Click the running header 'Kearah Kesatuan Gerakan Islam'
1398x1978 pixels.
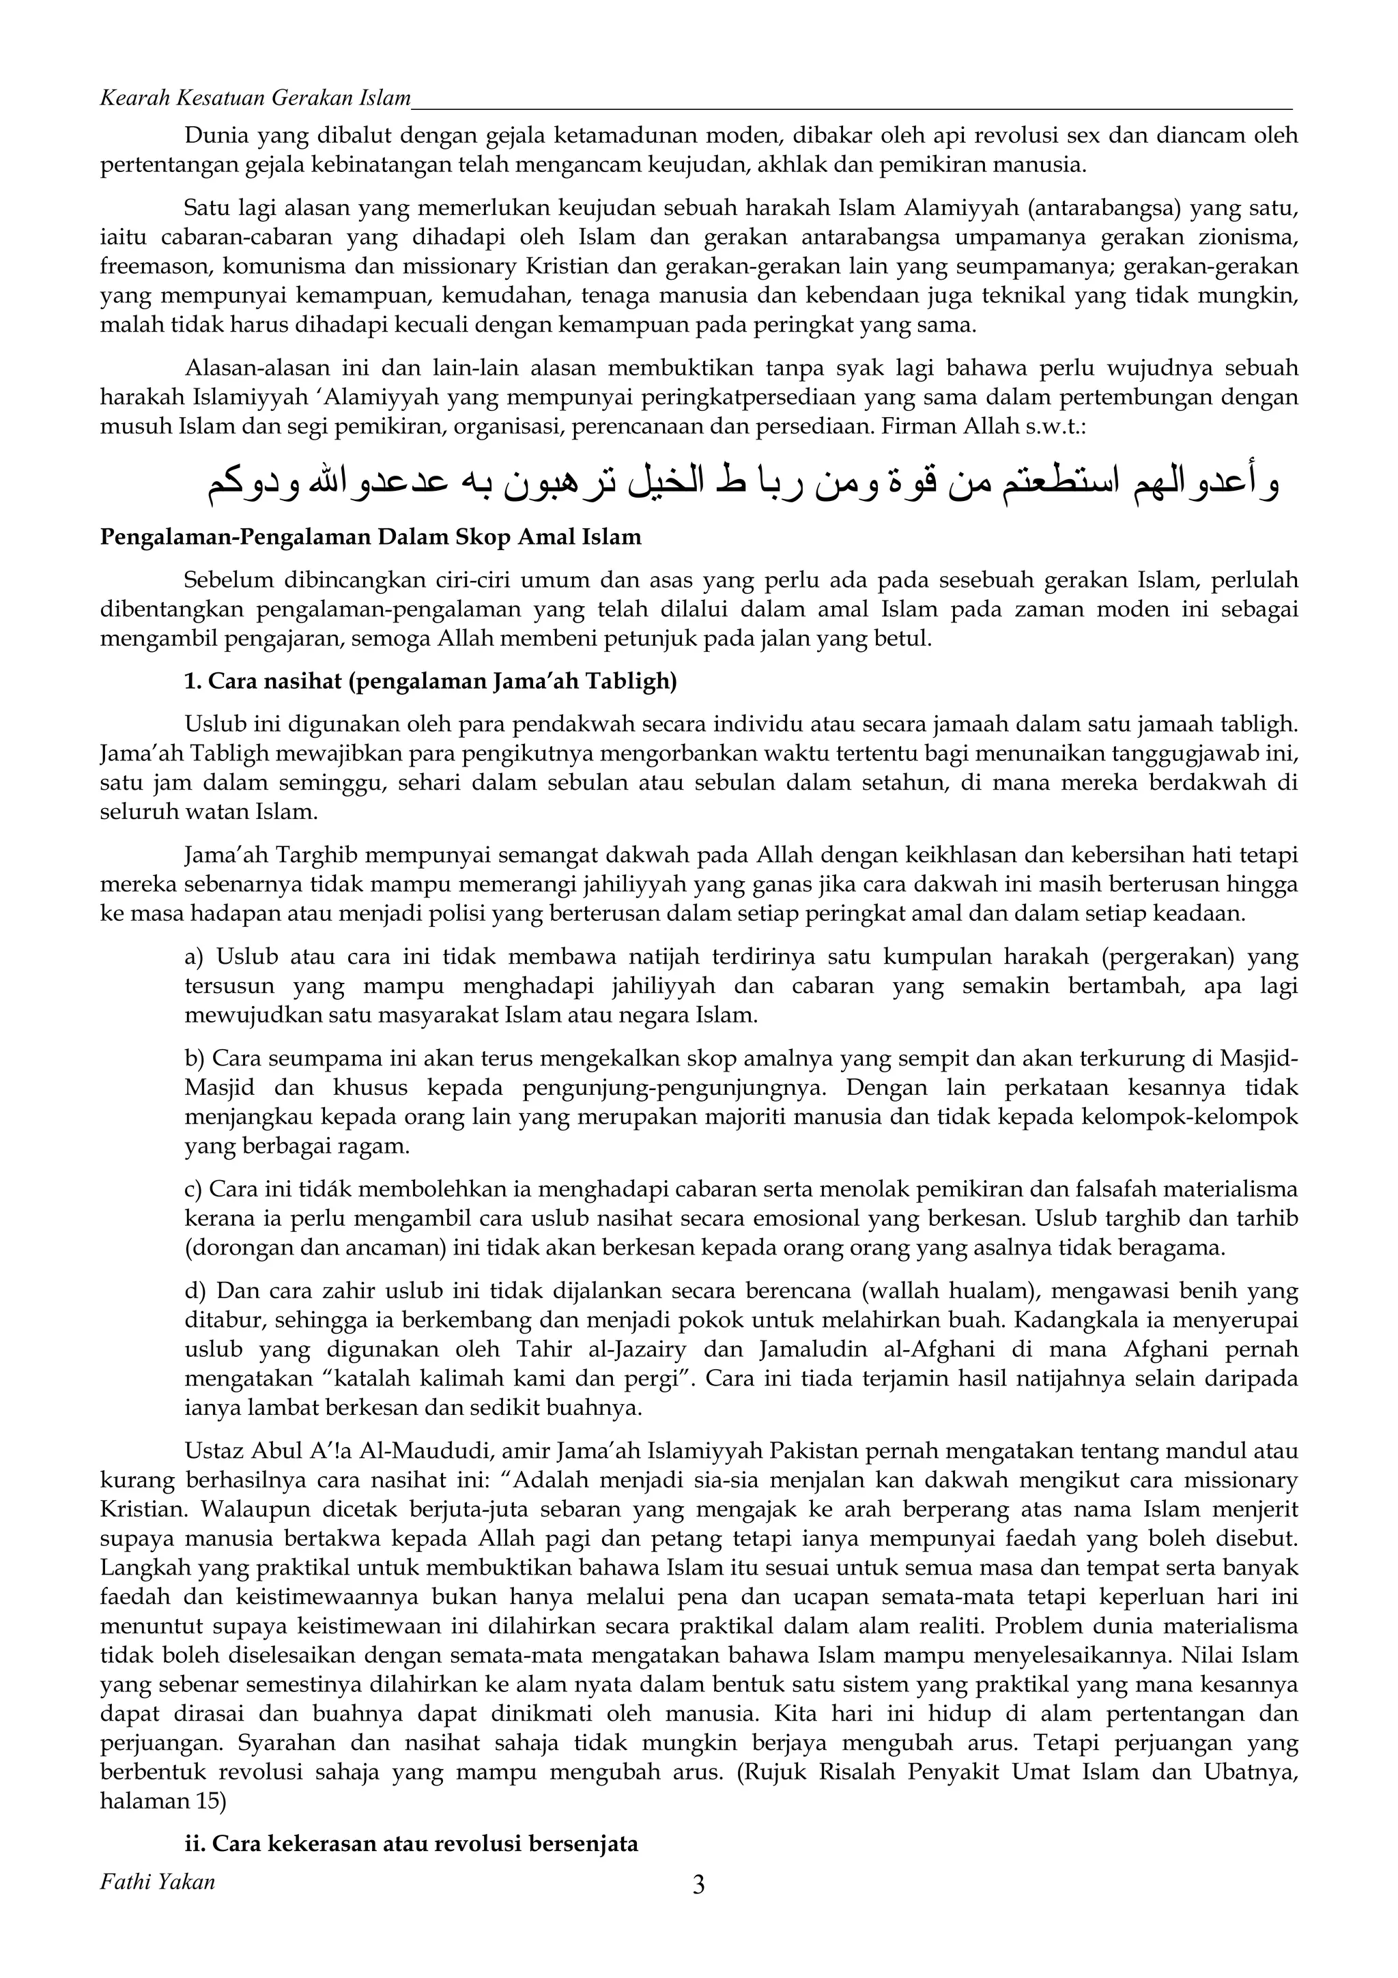pyautogui.click(x=255, y=98)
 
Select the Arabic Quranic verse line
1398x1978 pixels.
pyautogui.click(x=743, y=485)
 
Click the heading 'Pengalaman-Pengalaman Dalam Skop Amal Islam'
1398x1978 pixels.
pyautogui.click(x=371, y=538)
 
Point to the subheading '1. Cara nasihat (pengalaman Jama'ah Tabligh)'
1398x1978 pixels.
pyautogui.click(x=431, y=683)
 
